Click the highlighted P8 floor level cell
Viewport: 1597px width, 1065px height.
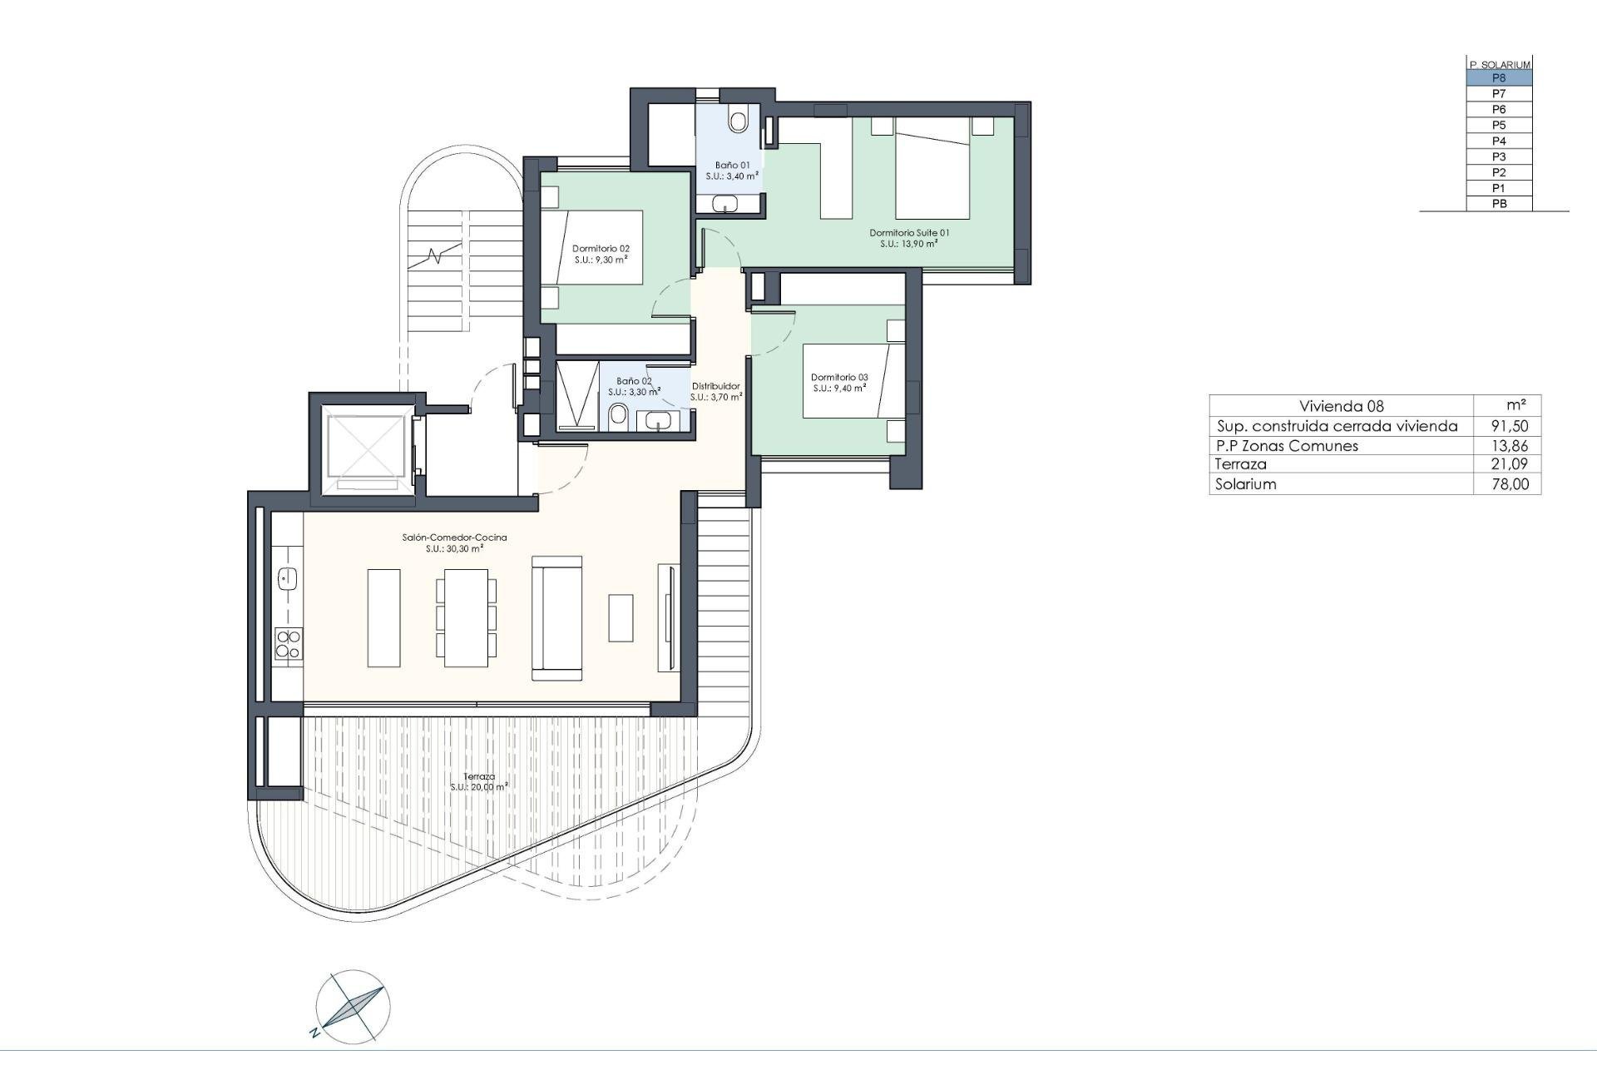point(1498,78)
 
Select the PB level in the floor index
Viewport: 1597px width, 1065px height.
point(1498,204)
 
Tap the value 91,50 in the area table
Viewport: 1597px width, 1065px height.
point(1510,426)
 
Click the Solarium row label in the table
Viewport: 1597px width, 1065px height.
point(1245,484)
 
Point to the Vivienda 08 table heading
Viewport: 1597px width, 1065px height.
point(1341,406)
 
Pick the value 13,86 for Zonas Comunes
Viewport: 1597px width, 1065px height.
point(1510,446)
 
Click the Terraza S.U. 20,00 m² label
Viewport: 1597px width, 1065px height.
point(479,781)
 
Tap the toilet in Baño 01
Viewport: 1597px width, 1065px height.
point(738,119)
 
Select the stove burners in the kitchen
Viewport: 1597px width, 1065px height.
point(289,643)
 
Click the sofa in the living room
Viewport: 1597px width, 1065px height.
point(556,617)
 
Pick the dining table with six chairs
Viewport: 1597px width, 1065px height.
point(466,617)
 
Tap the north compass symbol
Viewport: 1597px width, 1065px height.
point(353,1006)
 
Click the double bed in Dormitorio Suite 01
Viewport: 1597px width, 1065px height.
point(932,168)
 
